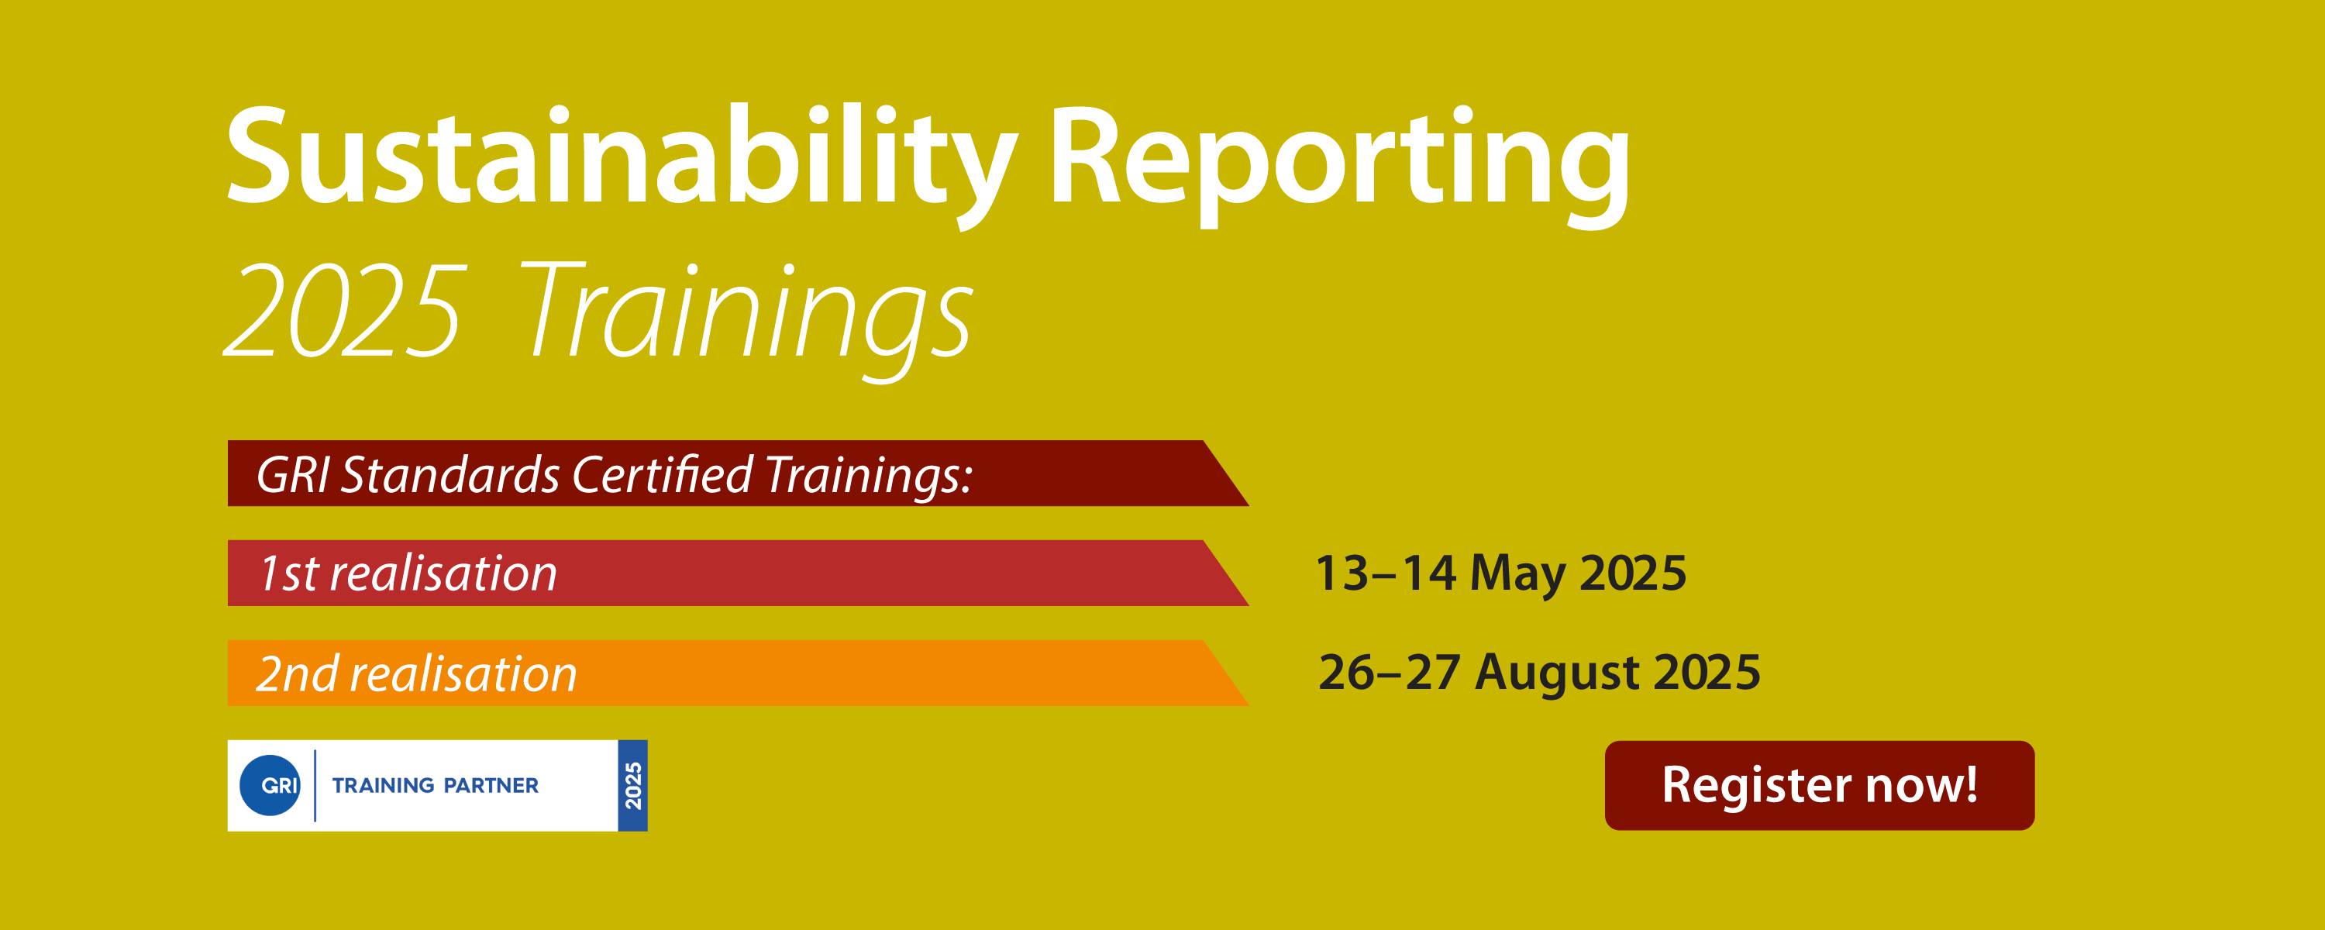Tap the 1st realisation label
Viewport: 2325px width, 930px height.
(x=408, y=573)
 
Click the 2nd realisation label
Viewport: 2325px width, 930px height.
(x=416, y=673)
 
